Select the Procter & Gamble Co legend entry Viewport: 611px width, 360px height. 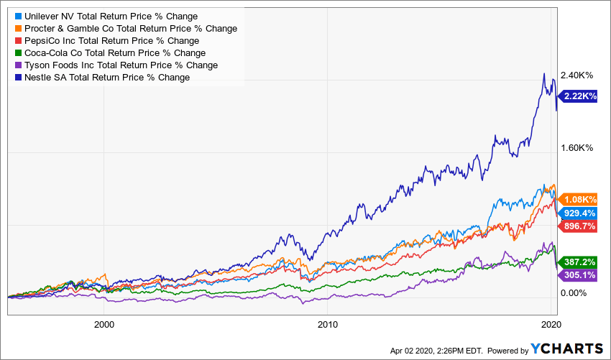point(126,29)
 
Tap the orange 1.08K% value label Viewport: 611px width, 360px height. point(579,199)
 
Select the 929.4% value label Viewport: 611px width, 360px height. point(579,213)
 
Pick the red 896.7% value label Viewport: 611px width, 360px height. point(579,226)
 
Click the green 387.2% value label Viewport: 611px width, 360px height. point(579,262)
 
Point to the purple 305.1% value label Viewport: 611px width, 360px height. point(579,274)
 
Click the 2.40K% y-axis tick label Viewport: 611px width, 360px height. point(576,75)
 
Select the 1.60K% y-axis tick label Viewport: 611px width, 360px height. point(576,148)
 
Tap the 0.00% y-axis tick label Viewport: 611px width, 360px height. point(575,293)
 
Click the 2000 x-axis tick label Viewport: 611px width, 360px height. point(104,323)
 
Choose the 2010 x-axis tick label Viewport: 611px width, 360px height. point(327,323)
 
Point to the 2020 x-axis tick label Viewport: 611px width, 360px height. point(550,323)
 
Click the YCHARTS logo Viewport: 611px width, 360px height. point(566,349)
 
